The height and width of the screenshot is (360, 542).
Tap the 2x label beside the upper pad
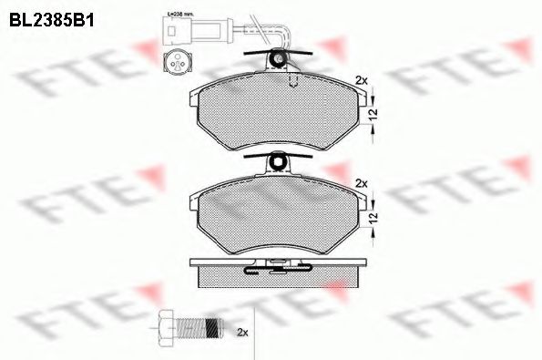click(361, 78)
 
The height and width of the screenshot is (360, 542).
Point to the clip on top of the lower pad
click(279, 163)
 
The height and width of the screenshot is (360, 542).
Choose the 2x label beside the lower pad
click(361, 182)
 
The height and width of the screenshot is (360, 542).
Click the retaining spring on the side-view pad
click(278, 267)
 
